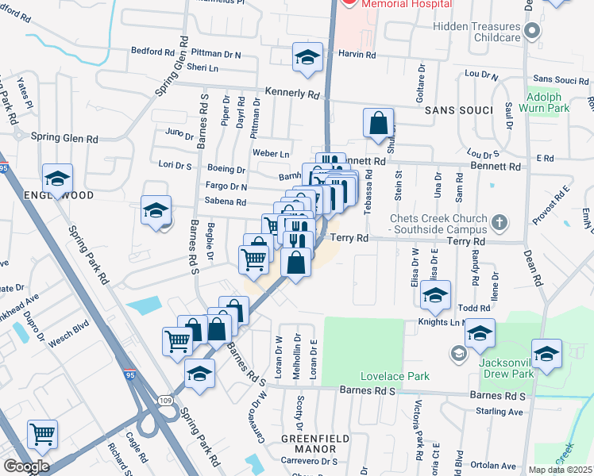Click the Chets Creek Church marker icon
tap(497, 221)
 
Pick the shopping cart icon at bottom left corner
tap(41, 434)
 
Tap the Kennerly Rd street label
tap(292, 93)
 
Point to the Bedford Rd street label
tap(152, 52)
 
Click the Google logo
tap(25, 466)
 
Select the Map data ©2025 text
tap(561, 470)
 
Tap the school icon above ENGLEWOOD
tap(57, 179)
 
